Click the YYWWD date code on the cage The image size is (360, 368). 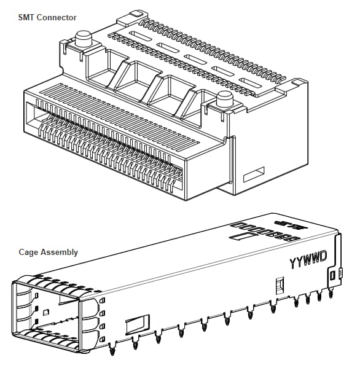[307, 259]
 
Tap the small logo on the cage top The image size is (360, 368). [283, 220]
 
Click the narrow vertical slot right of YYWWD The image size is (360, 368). [333, 276]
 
